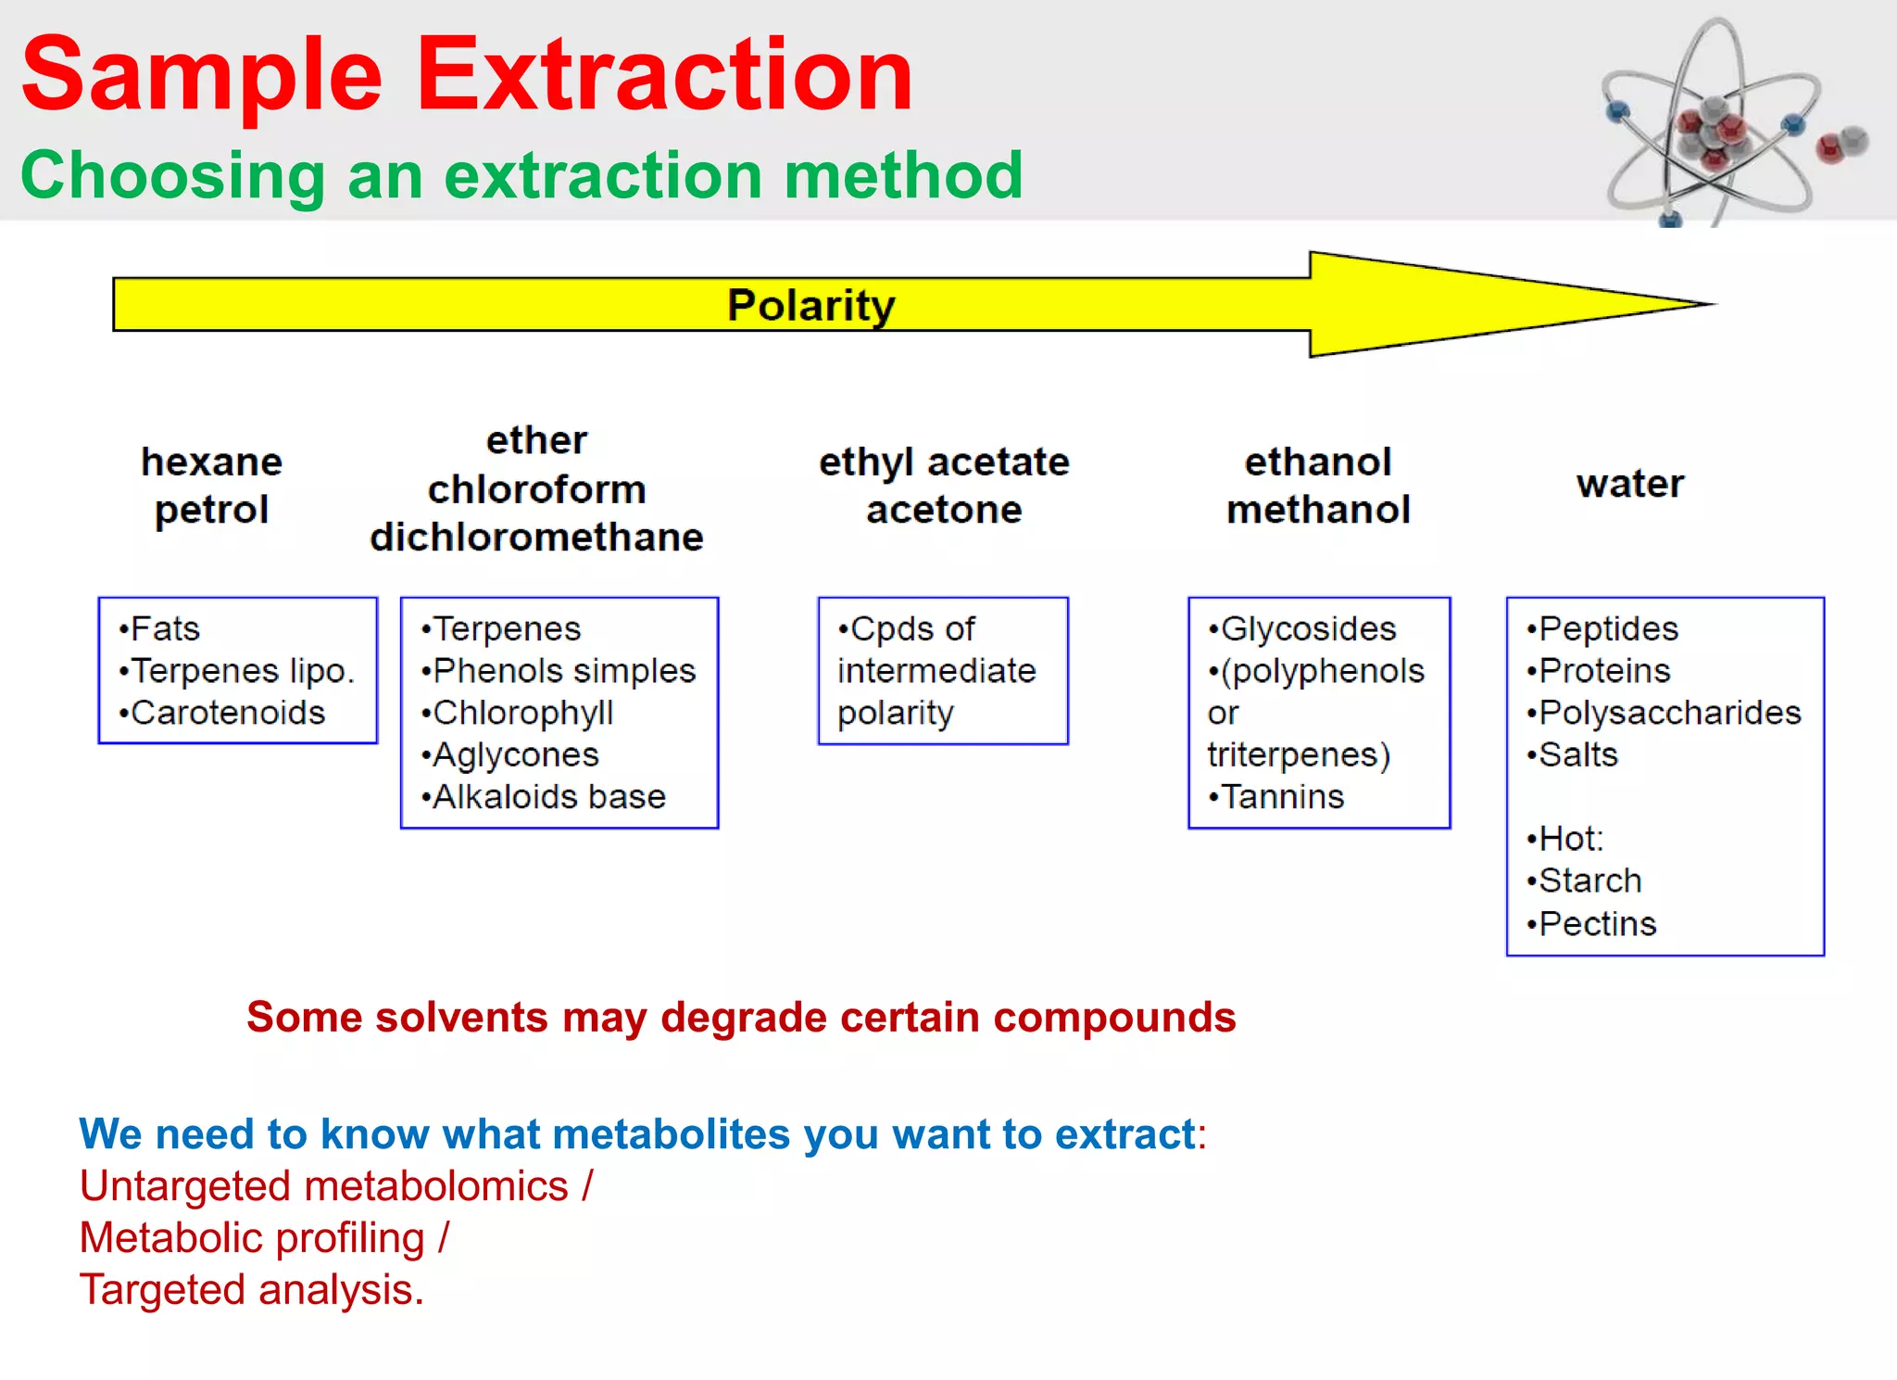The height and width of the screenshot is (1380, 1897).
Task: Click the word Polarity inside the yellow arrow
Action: pos(810,305)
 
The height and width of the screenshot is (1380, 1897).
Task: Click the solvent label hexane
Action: pos(211,462)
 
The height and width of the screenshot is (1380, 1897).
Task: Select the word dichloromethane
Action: pos(536,538)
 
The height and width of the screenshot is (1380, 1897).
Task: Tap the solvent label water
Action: pos(1629,484)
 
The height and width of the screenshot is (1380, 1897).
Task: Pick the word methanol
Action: pos(1318,510)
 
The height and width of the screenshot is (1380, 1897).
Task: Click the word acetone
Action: pos(943,510)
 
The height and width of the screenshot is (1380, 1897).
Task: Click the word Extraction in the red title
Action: pos(664,74)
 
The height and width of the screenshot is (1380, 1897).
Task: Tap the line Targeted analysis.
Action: pos(251,1290)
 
